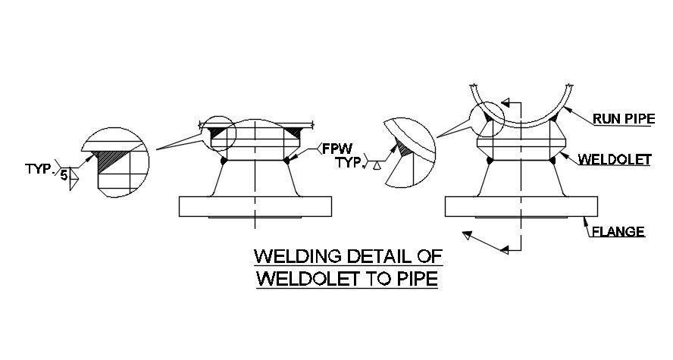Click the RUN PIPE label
pyautogui.click(x=624, y=118)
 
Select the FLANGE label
pyautogui.click(x=619, y=232)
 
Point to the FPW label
pyautogui.click(x=338, y=148)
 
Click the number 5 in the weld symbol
pyautogui.click(x=64, y=176)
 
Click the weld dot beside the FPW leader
pyautogui.click(x=287, y=161)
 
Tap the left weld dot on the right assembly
pyautogui.click(x=490, y=161)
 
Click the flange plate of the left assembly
pyautogui.click(x=255, y=206)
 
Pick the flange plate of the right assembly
pyautogui.click(x=521, y=206)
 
